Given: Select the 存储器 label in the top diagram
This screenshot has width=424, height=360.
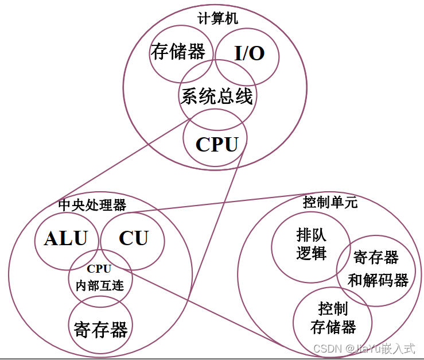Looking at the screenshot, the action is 178,52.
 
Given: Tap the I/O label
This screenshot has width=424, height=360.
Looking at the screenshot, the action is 250,53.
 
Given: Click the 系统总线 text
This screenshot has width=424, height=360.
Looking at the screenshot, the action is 217,96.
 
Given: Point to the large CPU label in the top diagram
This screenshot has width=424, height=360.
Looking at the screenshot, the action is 217,144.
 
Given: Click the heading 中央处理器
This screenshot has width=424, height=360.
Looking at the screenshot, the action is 92,204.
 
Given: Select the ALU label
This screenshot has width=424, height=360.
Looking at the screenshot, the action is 65,238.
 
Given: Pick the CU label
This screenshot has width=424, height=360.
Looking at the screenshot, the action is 134,238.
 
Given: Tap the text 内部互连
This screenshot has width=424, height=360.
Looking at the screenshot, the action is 100,284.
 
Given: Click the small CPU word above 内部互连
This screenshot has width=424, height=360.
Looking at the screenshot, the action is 99,268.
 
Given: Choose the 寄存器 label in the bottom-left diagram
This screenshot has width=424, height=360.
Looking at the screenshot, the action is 100,330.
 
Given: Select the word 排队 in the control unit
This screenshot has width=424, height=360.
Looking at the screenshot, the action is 311,235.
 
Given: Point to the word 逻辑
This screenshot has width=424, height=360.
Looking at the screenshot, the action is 311,253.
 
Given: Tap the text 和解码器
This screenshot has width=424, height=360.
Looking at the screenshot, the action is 378,280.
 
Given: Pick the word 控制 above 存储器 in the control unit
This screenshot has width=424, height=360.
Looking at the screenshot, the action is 333,309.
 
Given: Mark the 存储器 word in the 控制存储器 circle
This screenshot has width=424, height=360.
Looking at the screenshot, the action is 333,327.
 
